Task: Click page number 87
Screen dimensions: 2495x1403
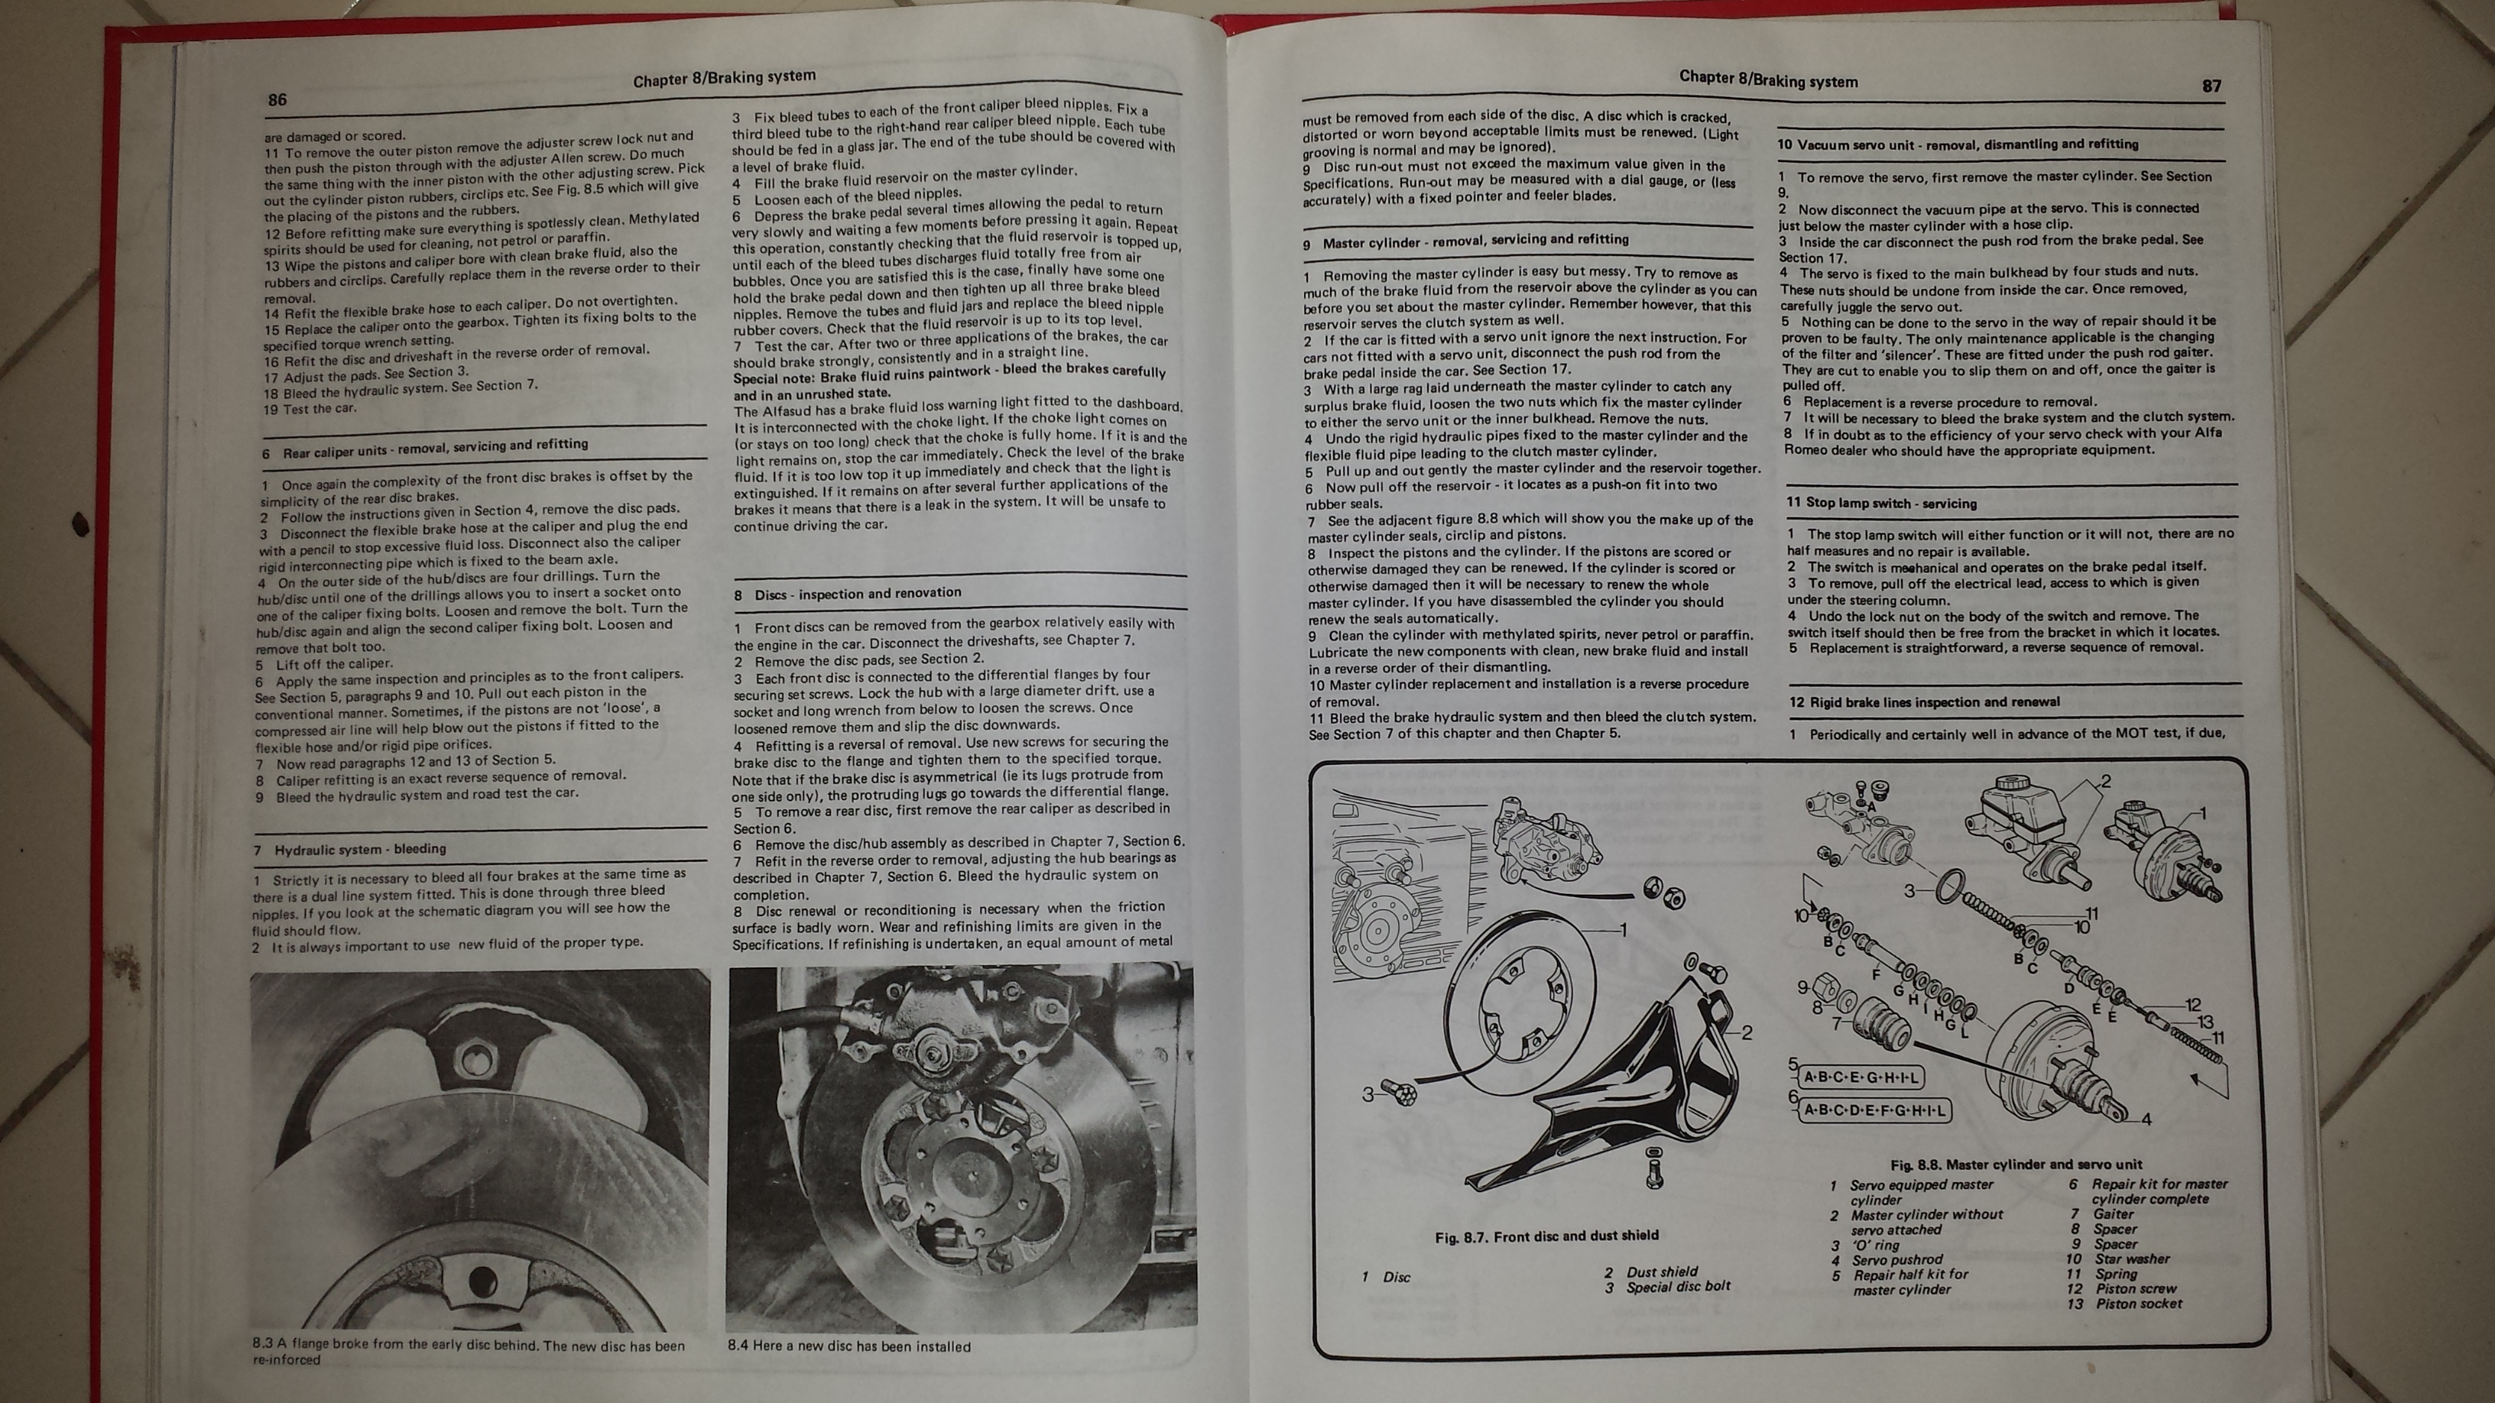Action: [x=2211, y=86]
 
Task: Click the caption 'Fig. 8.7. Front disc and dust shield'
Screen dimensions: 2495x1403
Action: [x=1547, y=1236]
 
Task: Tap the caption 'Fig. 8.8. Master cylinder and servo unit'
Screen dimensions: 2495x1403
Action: [x=2016, y=1165]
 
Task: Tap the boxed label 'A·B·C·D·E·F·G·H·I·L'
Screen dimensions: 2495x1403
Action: [x=1874, y=1110]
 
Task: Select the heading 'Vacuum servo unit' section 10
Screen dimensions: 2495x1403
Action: [x=1958, y=144]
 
